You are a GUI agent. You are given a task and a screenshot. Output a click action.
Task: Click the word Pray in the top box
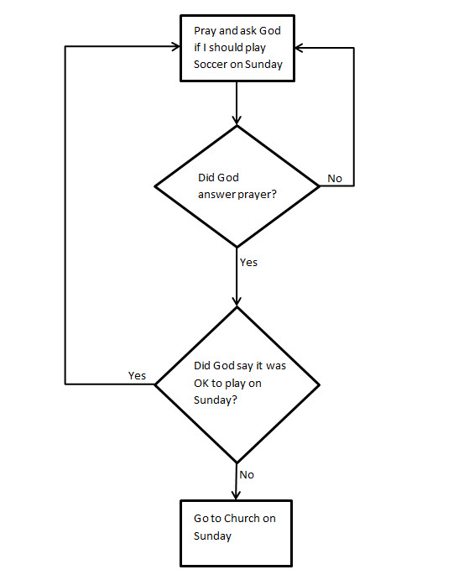(x=206, y=31)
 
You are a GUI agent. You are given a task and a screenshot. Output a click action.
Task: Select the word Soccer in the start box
(x=211, y=65)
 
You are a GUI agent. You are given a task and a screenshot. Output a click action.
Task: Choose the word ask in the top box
(x=248, y=31)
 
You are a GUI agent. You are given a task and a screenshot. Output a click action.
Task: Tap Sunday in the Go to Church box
(x=212, y=536)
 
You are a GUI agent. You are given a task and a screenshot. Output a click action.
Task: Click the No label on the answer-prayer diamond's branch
(x=334, y=178)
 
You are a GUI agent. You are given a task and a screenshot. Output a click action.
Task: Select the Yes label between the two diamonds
(x=248, y=262)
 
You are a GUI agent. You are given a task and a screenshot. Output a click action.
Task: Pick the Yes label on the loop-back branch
(x=138, y=374)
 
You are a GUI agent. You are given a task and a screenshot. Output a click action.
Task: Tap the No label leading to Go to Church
(x=247, y=474)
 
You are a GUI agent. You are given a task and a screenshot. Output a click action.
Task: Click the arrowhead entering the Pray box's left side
(x=175, y=46)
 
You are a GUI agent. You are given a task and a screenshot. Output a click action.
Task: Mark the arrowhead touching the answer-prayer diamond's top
(x=237, y=119)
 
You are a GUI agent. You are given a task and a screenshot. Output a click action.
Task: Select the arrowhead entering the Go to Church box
(x=237, y=494)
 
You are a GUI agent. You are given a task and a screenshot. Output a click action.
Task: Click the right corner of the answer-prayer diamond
(x=320, y=185)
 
